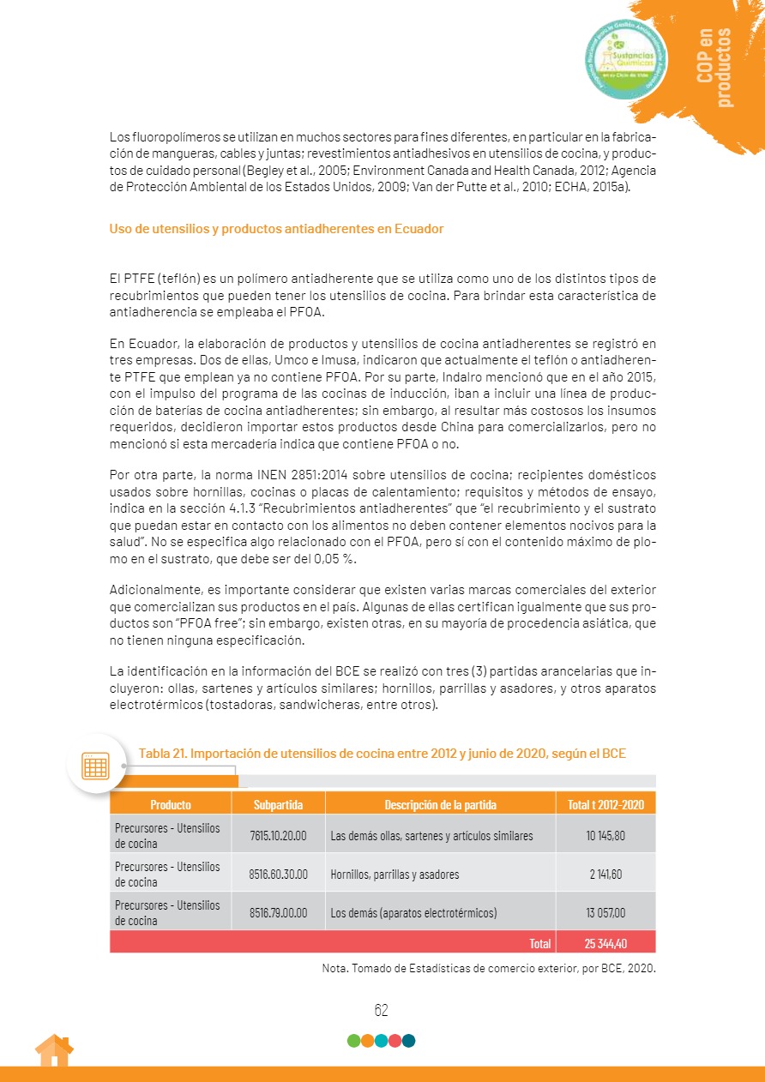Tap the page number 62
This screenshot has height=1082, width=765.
(382, 1010)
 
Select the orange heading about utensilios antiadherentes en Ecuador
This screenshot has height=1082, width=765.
(276, 229)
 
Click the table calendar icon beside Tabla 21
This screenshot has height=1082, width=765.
(96, 765)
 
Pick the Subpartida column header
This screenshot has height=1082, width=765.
(278, 804)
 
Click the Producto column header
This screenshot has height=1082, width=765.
(171, 804)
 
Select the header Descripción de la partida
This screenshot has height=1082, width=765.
(440, 804)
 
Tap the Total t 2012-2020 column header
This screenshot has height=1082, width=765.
(605, 804)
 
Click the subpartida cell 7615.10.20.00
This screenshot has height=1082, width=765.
(278, 835)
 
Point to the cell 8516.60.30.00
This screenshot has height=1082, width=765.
(278, 875)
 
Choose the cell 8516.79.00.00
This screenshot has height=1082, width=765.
(278, 912)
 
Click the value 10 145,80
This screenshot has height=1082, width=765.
(605, 835)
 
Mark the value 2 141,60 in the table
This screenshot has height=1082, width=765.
(605, 875)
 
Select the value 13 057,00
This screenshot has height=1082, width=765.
(605, 912)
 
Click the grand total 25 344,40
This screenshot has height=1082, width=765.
(605, 943)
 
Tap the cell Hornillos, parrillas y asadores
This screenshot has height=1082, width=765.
(395, 875)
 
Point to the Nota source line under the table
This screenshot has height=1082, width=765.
(489, 970)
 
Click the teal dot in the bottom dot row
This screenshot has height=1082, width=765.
(409, 1041)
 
